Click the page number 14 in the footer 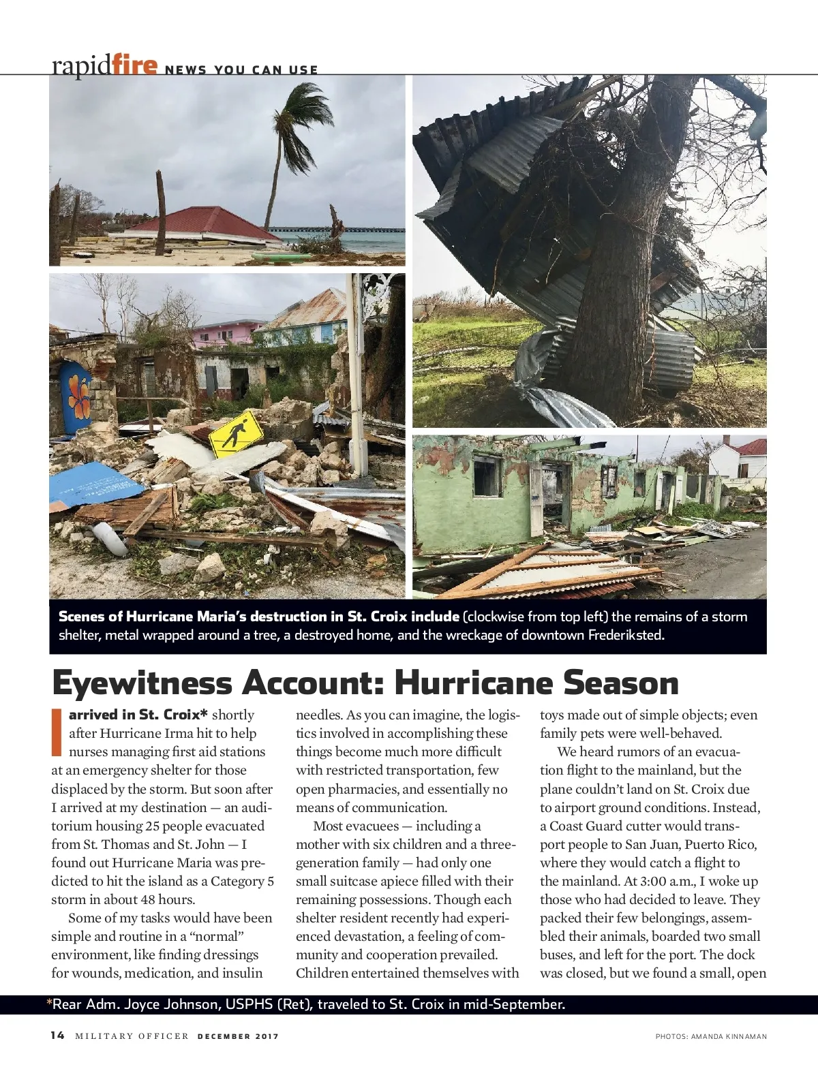[x=57, y=1036]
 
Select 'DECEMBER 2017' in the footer [x=238, y=1037]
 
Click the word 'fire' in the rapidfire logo [x=136, y=66]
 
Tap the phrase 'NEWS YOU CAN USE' [x=241, y=69]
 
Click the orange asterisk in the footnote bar [x=49, y=1004]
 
